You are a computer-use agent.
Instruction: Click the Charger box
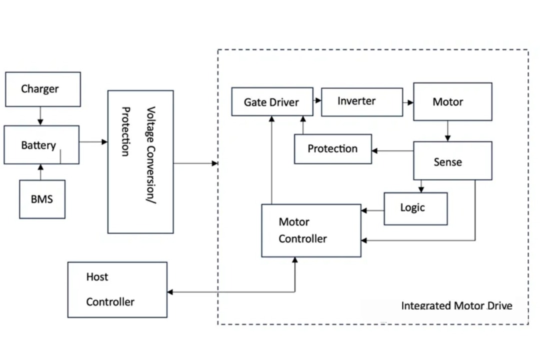click(x=42, y=89)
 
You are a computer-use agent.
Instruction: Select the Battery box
click(x=41, y=145)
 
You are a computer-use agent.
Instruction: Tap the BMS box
click(x=42, y=199)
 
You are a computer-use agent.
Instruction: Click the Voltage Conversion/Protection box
click(x=140, y=161)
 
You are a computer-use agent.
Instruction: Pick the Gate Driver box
click(x=272, y=102)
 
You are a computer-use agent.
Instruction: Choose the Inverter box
click(x=361, y=101)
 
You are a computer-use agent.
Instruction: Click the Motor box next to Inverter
click(x=452, y=101)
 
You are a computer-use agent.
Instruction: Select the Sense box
click(x=452, y=161)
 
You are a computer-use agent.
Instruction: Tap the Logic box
click(x=415, y=208)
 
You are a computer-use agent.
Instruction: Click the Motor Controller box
click(x=311, y=230)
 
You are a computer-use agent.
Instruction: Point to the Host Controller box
click(x=117, y=289)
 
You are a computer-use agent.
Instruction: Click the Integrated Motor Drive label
click(x=456, y=305)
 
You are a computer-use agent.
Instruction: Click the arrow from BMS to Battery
click(x=40, y=172)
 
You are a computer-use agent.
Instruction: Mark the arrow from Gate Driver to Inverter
click(x=317, y=100)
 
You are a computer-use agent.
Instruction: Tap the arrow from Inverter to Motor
click(x=408, y=102)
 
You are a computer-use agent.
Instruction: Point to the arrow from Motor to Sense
click(x=447, y=131)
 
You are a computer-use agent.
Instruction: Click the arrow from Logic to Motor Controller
click(x=372, y=210)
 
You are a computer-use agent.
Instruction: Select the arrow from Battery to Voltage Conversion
click(x=93, y=142)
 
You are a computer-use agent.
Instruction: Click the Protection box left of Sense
click(x=332, y=148)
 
